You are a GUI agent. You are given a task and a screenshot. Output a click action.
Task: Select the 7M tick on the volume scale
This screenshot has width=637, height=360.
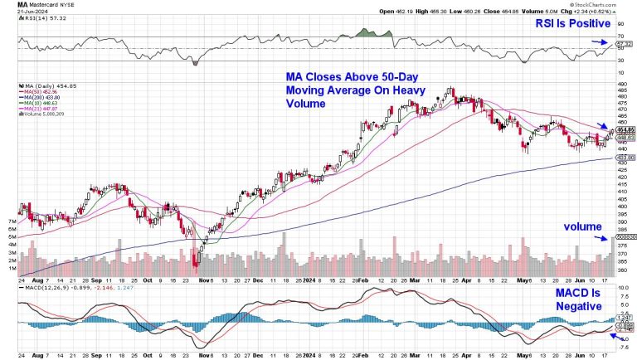12,222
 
